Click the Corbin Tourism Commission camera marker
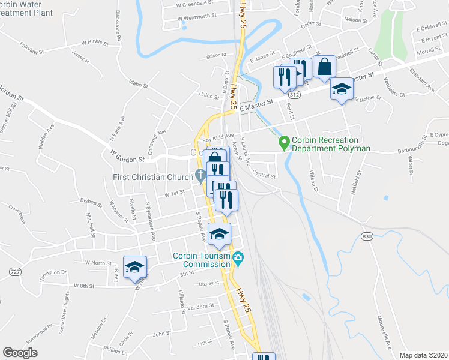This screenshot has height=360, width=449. click(x=238, y=259)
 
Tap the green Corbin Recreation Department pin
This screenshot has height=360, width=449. click(x=284, y=142)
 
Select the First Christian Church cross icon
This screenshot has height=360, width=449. click(x=200, y=176)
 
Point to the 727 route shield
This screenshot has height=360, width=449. click(x=12, y=272)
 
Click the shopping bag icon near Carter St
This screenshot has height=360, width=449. click(x=324, y=67)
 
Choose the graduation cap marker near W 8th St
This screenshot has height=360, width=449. click(x=134, y=267)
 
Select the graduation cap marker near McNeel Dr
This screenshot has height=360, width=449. click(x=342, y=91)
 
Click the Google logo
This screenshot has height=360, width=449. click(x=20, y=353)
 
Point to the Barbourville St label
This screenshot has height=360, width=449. click(x=392, y=144)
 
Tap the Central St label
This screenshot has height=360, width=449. click(x=264, y=176)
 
